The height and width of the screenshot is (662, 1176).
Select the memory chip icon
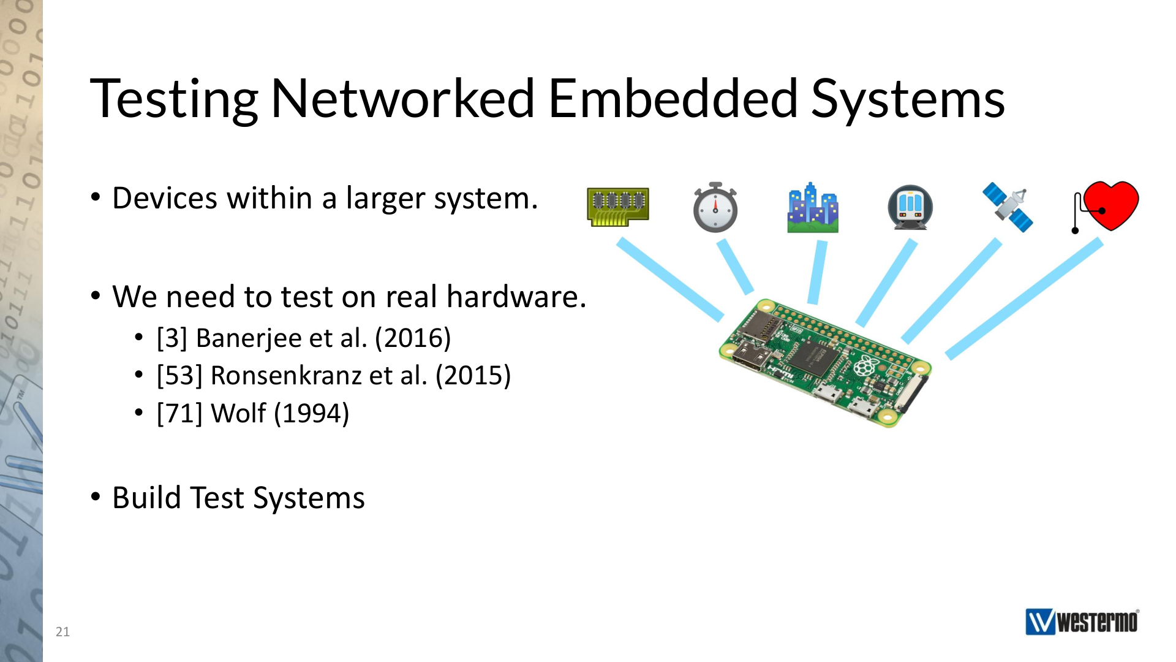coord(617,207)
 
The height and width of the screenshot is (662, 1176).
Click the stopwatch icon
coord(715,207)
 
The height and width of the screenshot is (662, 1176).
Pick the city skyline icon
coord(813,207)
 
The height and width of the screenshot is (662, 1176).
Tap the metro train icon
coord(910,207)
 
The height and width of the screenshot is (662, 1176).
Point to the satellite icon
coord(1008,207)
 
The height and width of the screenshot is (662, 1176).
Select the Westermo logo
coord(1082,622)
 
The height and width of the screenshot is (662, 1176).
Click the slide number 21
coord(62,632)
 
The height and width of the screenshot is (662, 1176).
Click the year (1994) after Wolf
coord(312,413)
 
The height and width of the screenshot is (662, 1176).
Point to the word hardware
coord(516,297)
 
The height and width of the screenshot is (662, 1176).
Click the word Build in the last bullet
coord(147,497)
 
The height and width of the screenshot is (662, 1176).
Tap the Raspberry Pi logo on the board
coord(864,366)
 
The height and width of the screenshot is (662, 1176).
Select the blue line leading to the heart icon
coord(1025,299)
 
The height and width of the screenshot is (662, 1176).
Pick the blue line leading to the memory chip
coord(670,280)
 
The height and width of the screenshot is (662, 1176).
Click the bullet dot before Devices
coord(96,197)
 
